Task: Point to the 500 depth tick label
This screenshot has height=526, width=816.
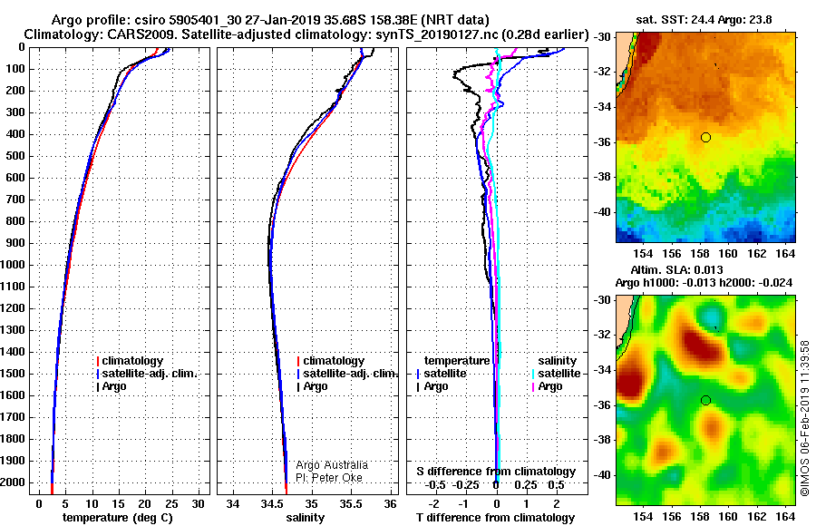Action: coord(15,156)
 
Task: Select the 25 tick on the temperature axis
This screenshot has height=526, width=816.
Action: coord(171,503)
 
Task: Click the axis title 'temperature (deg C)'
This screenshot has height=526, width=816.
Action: coord(118,518)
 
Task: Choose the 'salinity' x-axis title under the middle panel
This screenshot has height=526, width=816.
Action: coord(305,518)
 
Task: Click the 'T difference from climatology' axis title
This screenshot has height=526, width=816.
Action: coord(495,518)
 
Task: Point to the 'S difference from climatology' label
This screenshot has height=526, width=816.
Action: coord(496,472)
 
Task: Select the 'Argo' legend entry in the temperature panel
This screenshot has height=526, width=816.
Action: coord(112,386)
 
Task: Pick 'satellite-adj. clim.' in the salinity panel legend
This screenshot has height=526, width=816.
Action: coord(347,374)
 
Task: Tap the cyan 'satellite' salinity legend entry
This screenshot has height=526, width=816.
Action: coord(556,374)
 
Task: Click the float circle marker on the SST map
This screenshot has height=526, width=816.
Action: coord(705,138)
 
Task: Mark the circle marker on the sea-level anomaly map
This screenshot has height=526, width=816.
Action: coord(705,401)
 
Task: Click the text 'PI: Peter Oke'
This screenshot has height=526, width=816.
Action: coord(329,478)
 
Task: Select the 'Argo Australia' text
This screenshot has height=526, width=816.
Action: coord(332,465)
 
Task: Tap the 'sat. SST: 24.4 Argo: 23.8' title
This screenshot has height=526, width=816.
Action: coord(704,20)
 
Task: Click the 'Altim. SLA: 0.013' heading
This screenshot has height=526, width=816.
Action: coord(676,269)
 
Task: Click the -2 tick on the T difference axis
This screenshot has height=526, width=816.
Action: coord(433,503)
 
